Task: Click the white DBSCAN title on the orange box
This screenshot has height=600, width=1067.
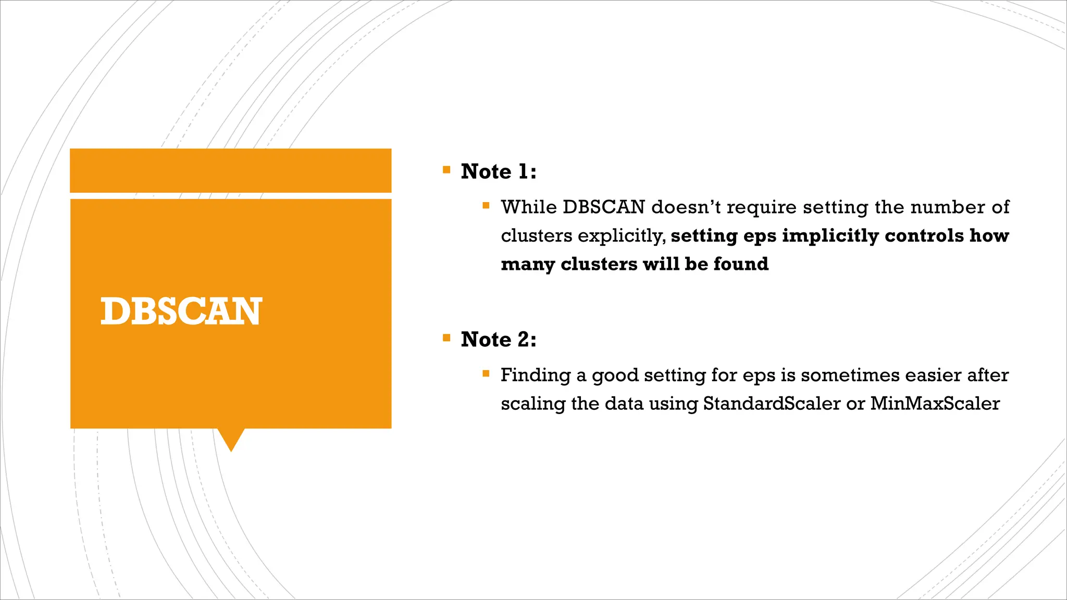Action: (181, 311)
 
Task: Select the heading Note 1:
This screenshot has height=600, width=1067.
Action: (498, 171)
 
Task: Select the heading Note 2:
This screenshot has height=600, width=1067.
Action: (498, 340)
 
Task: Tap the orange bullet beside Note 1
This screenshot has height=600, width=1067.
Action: (446, 170)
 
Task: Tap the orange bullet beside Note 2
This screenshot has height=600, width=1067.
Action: (446, 337)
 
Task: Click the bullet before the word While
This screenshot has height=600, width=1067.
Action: (486, 206)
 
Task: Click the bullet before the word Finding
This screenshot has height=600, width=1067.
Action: (486, 373)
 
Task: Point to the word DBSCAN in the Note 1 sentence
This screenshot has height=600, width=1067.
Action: (604, 207)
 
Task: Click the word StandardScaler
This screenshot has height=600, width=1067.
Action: (772, 404)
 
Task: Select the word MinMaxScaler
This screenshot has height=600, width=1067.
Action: (935, 404)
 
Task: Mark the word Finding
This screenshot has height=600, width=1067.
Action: (535, 376)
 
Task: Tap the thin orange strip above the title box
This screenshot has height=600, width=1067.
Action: (230, 170)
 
